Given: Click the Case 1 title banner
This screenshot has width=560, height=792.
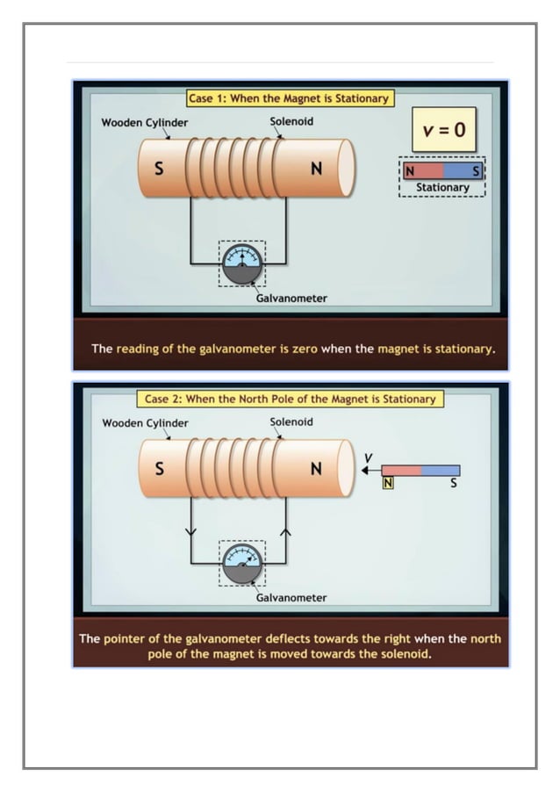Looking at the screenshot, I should [x=289, y=98].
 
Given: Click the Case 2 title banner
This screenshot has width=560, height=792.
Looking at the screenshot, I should [x=289, y=399].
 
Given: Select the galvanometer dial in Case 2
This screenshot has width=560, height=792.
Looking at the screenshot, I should [x=242, y=563].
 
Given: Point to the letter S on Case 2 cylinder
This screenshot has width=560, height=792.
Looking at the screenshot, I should [x=159, y=469].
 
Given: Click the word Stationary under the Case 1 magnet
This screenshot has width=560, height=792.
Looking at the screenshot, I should [x=442, y=187].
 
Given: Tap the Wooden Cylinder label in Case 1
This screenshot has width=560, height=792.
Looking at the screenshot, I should [x=144, y=122].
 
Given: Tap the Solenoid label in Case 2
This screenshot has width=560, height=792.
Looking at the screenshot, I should [x=291, y=421].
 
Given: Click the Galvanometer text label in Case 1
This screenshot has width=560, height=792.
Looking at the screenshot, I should [x=291, y=299].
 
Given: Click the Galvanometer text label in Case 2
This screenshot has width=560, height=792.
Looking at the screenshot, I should [x=291, y=598].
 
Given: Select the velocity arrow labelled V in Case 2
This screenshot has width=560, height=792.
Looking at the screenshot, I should [x=369, y=470].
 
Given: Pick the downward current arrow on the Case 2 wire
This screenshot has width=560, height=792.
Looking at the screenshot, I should [x=191, y=531].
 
